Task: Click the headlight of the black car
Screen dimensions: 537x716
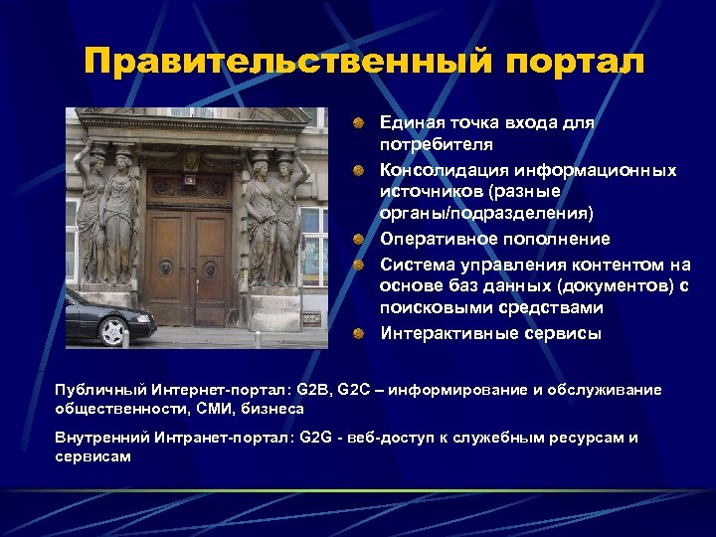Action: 141,318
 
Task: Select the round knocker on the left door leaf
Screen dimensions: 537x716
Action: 167,268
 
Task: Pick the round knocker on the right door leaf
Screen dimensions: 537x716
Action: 210,268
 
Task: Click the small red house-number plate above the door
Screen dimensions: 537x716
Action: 189,180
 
